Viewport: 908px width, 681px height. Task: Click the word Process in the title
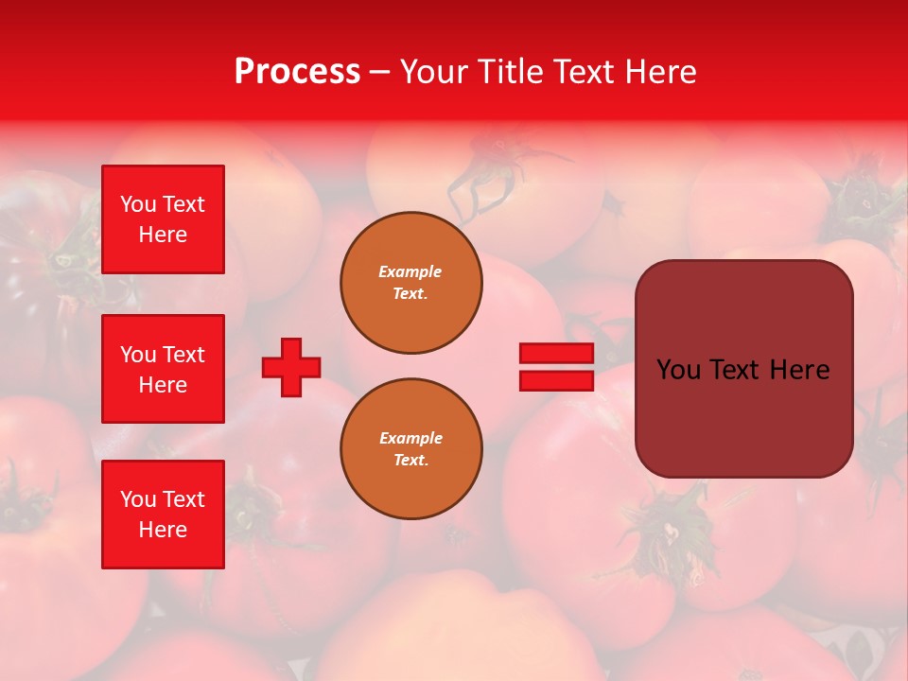(297, 72)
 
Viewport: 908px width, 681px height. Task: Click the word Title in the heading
(509, 72)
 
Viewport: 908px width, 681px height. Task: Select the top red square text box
(163, 219)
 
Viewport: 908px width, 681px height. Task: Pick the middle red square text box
(163, 369)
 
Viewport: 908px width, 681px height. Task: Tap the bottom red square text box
(163, 515)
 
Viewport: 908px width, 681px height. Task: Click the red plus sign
(291, 367)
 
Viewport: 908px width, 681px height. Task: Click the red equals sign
(556, 367)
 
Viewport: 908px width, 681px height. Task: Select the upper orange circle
(410, 283)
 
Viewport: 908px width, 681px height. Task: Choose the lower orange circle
(410, 449)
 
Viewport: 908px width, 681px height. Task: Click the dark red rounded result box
(743, 369)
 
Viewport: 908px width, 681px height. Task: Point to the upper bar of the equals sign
(556, 354)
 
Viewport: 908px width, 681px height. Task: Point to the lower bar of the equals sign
(556, 380)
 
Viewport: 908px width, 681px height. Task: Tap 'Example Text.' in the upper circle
(410, 283)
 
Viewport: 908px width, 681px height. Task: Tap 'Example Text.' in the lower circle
(410, 449)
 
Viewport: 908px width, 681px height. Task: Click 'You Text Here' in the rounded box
(743, 370)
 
